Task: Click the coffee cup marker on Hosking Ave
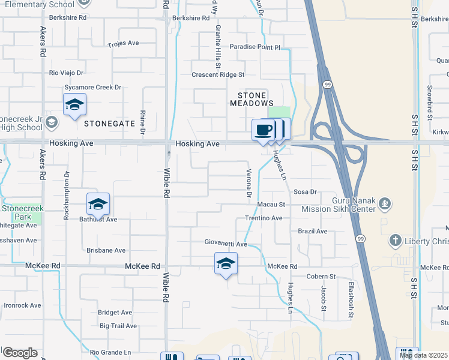[x=263, y=130]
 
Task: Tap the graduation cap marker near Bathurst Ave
[x=98, y=204]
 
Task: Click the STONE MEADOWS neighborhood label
[x=248, y=99]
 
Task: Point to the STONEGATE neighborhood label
[x=110, y=124]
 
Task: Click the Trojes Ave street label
[x=123, y=44]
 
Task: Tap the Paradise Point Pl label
[x=255, y=47]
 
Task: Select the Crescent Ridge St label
[x=218, y=75]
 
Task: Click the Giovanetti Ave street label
[x=225, y=244]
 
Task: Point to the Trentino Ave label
[x=263, y=218]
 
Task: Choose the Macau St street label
[x=270, y=205]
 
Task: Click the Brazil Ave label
[x=313, y=231]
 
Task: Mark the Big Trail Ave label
[x=118, y=326]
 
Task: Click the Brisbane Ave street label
[x=106, y=250]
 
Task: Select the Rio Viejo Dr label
[x=68, y=73]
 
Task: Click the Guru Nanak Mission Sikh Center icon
[x=385, y=205]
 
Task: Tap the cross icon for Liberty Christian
[x=395, y=241]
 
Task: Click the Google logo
[x=20, y=353]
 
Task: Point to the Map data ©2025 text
[x=423, y=355]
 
